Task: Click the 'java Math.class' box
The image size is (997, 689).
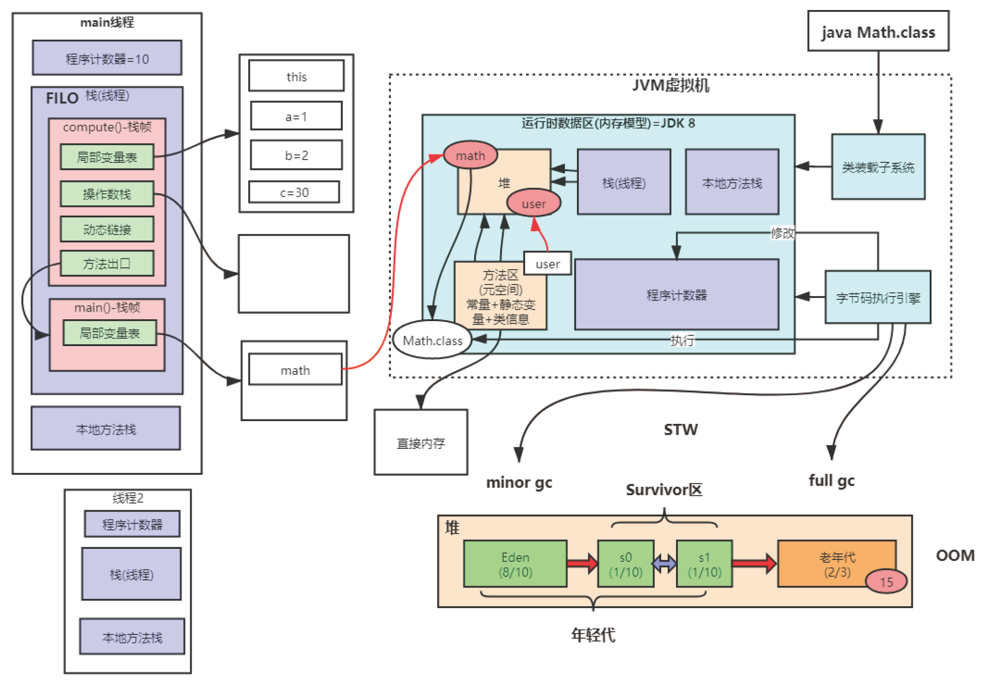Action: [877, 31]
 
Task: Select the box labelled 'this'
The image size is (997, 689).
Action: [296, 76]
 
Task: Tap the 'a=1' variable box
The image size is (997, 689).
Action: [296, 116]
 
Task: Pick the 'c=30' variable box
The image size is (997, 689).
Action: [294, 192]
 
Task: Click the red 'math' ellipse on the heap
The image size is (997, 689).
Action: [470, 156]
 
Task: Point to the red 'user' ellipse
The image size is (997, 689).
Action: [533, 203]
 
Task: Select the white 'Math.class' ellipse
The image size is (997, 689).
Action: [432, 340]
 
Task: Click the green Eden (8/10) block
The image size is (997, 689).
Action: [515, 564]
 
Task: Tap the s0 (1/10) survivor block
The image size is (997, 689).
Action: [626, 564]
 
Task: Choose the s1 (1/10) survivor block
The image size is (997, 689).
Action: [704, 564]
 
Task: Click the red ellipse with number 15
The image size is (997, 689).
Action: [886, 581]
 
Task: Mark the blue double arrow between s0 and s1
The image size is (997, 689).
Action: [665, 564]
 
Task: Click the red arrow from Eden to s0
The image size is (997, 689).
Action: [582, 564]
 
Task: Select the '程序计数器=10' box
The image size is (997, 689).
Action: [107, 58]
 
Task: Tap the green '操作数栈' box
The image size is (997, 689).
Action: [107, 194]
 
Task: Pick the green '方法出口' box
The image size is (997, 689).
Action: [107, 263]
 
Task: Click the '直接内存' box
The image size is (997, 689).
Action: [421, 443]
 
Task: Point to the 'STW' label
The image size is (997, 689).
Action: [680, 429]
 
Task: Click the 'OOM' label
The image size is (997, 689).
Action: [955, 555]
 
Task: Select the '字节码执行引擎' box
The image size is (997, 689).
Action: [877, 297]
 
